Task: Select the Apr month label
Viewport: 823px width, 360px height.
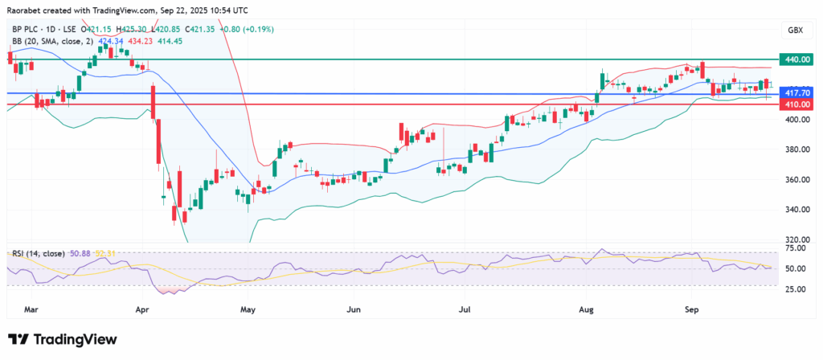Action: (142, 308)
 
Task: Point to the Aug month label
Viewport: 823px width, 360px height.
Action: (585, 308)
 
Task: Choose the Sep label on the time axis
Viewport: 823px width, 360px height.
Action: (690, 308)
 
